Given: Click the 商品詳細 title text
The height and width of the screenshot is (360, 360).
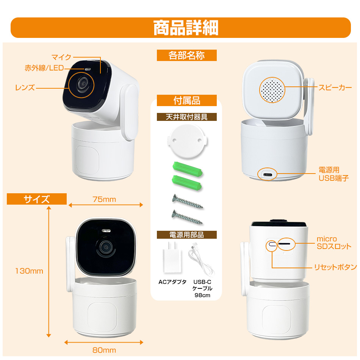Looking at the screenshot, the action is [186, 28].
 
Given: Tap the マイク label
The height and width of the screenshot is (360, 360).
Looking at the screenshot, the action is [61, 57].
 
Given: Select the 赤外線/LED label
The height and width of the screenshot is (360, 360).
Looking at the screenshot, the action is [44, 68].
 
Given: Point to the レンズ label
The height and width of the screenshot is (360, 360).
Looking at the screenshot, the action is [25, 88].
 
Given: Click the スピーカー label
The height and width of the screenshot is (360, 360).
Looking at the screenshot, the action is [335, 88].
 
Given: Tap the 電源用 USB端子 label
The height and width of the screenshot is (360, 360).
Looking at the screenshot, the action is [333, 174].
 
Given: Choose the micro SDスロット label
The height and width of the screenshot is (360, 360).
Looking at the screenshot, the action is [334, 243].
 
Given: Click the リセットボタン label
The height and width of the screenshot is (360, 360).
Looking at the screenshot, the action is [335, 267].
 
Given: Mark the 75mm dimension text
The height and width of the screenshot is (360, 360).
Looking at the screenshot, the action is [104, 199].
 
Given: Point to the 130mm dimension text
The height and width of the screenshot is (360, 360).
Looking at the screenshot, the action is [29, 271].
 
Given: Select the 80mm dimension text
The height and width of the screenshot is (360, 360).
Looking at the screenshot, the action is [104, 350].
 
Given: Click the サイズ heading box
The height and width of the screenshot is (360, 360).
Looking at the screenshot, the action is [37, 199].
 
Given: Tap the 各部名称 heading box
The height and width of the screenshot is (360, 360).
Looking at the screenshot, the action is [187, 55].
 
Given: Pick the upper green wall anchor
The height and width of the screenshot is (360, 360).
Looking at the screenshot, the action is [187, 169].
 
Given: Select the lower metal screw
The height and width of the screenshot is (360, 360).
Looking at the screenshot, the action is [187, 217].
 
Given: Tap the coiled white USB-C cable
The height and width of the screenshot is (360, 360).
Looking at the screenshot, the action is [201, 260].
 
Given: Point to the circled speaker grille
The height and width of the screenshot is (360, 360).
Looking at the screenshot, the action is [272, 90].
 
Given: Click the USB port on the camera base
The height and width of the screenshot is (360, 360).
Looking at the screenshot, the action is [268, 174].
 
